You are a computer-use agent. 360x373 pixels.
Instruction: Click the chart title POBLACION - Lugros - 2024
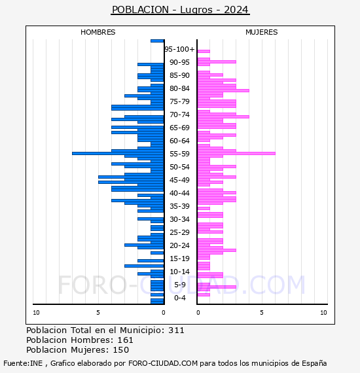(x=180, y=10)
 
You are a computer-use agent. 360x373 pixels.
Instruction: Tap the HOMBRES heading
(x=98, y=32)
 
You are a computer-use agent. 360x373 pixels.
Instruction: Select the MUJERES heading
(x=262, y=32)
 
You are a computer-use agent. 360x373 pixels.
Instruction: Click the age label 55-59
(x=179, y=154)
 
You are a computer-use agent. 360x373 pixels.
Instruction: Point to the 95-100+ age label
(x=179, y=49)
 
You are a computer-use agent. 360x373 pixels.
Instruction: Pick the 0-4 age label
(x=179, y=298)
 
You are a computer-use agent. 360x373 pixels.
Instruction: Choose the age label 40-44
(x=179, y=193)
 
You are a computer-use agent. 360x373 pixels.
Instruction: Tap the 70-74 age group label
(x=179, y=115)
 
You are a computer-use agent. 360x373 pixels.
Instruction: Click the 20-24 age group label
(x=179, y=245)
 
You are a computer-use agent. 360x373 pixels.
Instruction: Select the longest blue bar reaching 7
(x=118, y=153)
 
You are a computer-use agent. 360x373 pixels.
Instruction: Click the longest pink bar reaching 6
(x=236, y=153)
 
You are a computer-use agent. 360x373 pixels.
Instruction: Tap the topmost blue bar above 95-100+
(x=157, y=41)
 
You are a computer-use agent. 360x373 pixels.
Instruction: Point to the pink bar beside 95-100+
(x=204, y=52)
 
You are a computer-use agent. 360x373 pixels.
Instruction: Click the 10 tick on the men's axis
(x=36, y=313)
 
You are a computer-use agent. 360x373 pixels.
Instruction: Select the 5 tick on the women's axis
(x=262, y=313)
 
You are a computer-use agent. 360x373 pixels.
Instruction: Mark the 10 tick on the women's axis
(x=323, y=313)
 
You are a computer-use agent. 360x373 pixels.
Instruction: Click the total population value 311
(x=176, y=330)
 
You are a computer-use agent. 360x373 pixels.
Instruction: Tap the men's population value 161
(x=126, y=340)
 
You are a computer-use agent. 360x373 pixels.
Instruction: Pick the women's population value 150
(x=121, y=350)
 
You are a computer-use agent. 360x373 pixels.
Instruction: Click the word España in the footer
(x=314, y=363)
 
